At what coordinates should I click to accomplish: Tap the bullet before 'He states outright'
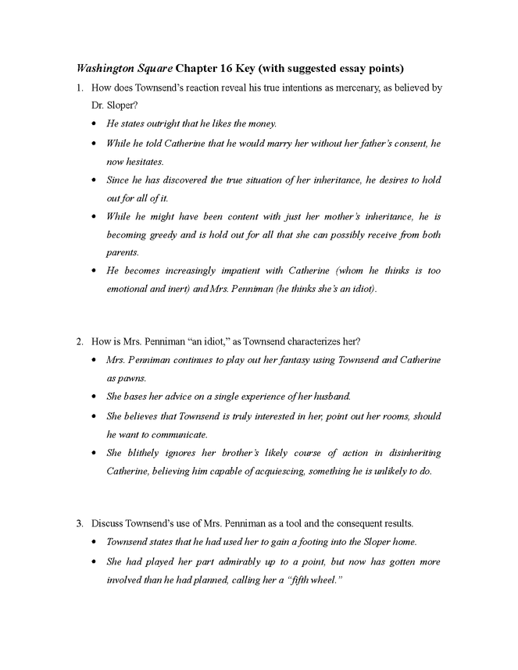click(95, 124)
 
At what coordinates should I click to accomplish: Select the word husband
click(331, 397)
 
